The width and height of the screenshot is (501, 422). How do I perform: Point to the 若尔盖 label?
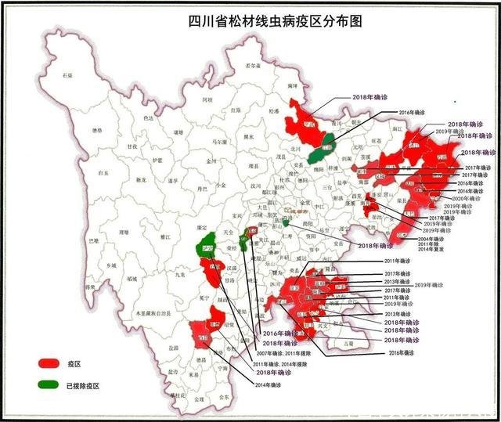click(252, 67)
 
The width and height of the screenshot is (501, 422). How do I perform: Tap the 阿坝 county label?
click(207, 100)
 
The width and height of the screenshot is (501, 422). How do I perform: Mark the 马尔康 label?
click(198, 142)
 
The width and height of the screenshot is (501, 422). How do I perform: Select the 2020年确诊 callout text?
click(469, 199)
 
